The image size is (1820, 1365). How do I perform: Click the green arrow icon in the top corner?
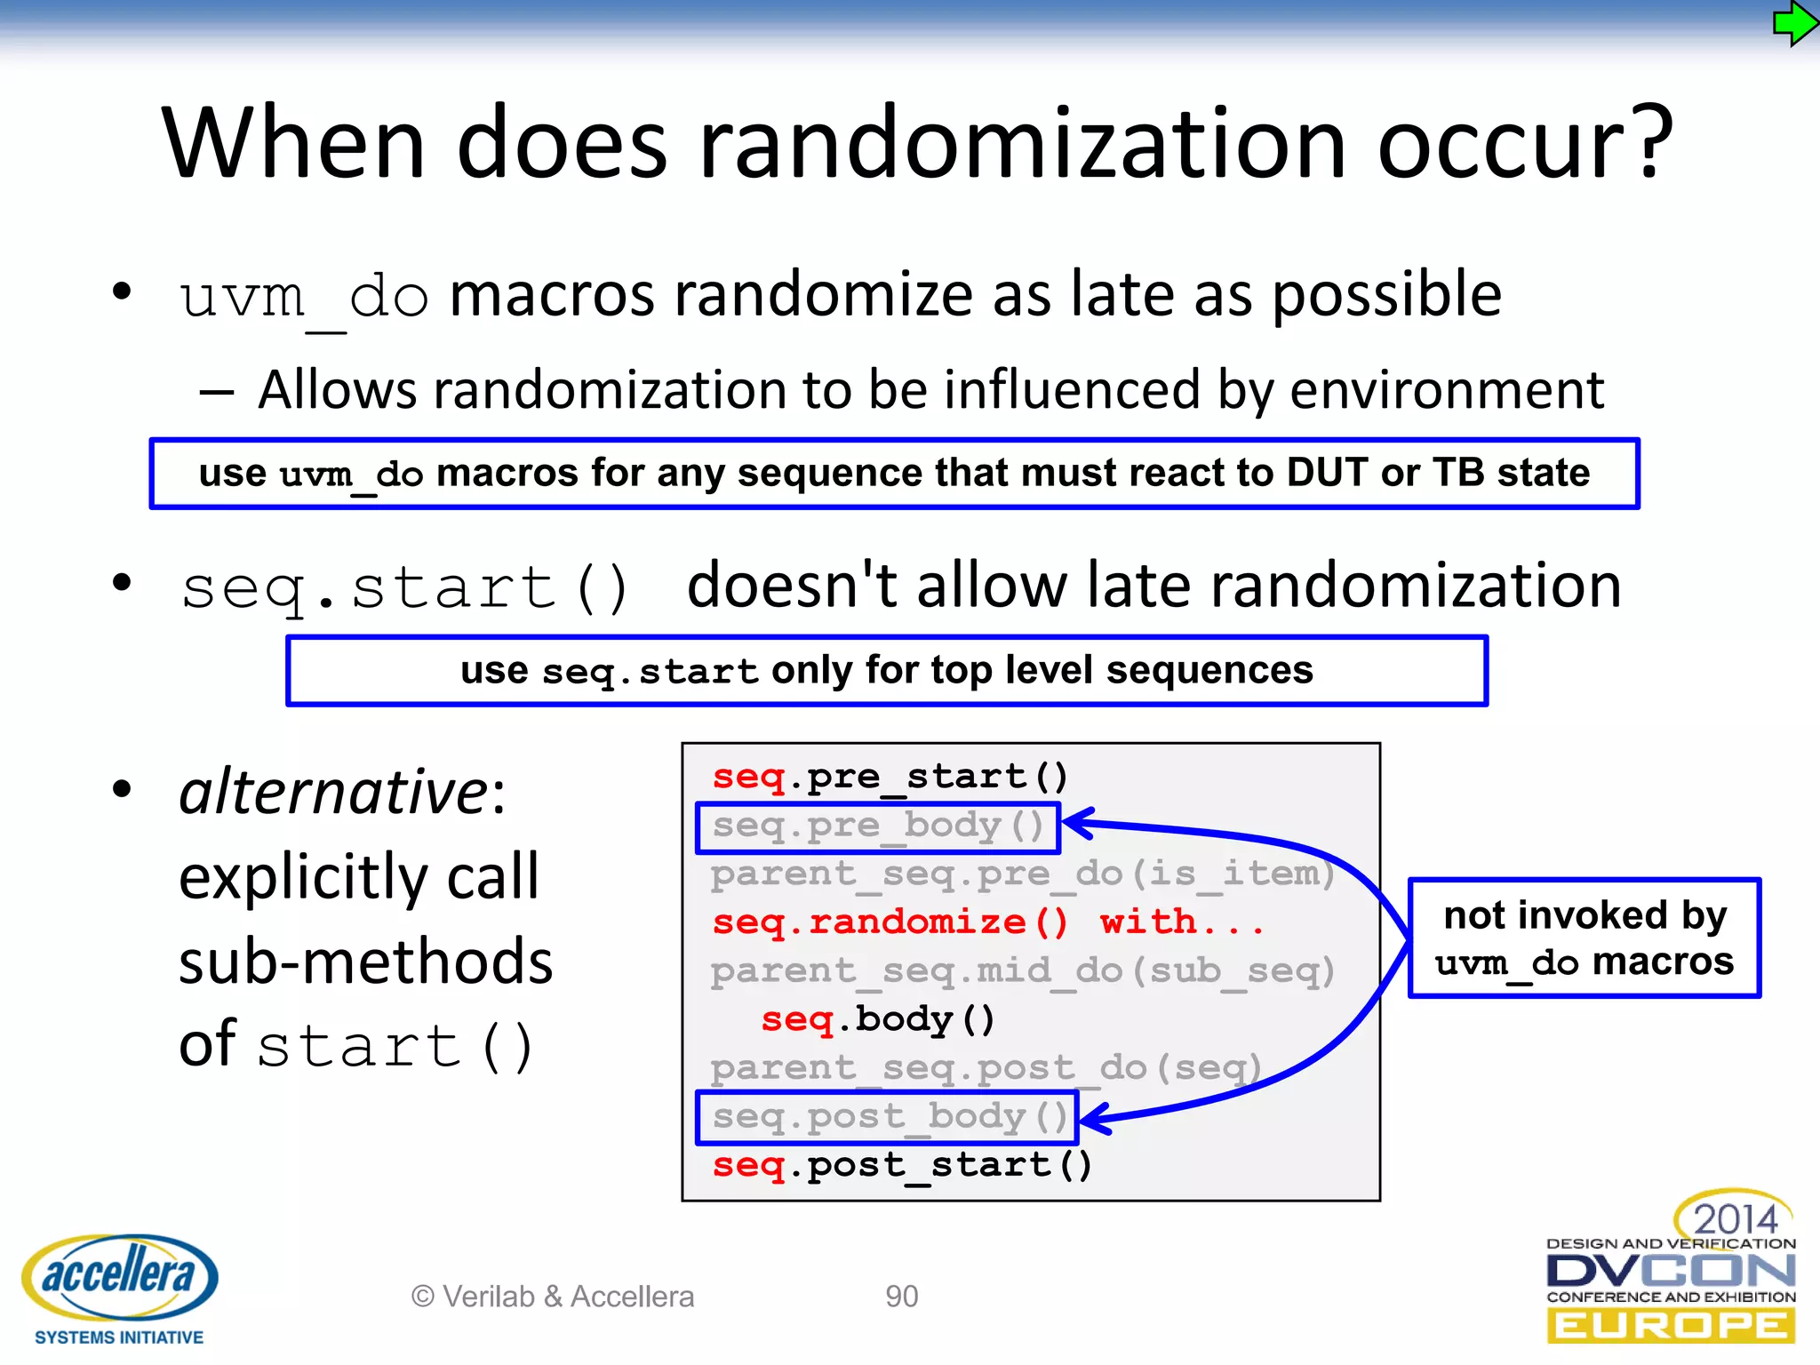(1793, 24)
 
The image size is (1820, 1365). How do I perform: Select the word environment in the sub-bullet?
(1446, 390)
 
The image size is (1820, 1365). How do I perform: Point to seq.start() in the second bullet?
(405, 587)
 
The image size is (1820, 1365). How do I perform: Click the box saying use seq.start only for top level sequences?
(886, 671)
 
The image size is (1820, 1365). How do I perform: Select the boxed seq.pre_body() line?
(878, 826)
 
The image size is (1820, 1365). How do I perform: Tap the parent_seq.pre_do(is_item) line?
(1022, 874)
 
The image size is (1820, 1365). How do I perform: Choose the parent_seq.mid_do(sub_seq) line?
(1022, 970)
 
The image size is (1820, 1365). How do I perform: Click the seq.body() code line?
(877, 1019)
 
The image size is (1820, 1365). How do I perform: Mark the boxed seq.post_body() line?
(889, 1117)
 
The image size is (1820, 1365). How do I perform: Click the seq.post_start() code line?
(901, 1165)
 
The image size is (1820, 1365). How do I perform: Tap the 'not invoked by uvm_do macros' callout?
(1584, 938)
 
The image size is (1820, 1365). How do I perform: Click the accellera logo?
(119, 1277)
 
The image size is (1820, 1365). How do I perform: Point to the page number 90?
(901, 1297)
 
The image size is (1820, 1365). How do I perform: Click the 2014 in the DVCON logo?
(1734, 1218)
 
